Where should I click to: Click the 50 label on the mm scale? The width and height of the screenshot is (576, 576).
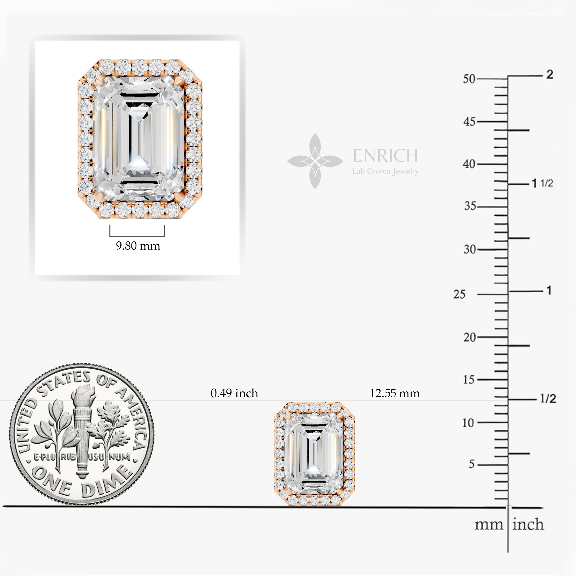click(x=469, y=79)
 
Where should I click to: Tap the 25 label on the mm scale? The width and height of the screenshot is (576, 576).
click(x=459, y=294)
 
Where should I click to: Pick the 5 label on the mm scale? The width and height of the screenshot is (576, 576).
click(x=471, y=464)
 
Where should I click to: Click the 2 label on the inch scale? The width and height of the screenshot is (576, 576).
click(x=550, y=74)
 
